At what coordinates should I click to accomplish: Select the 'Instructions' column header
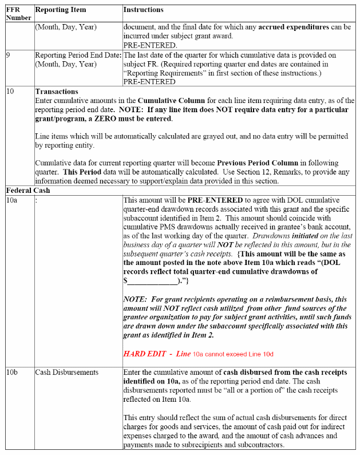coord(144,10)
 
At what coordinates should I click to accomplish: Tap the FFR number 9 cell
coord(8,56)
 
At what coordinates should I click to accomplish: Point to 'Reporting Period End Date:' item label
coord(78,56)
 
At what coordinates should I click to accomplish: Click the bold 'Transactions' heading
coord(57,92)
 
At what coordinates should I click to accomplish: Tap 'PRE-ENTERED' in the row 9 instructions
coord(149,81)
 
